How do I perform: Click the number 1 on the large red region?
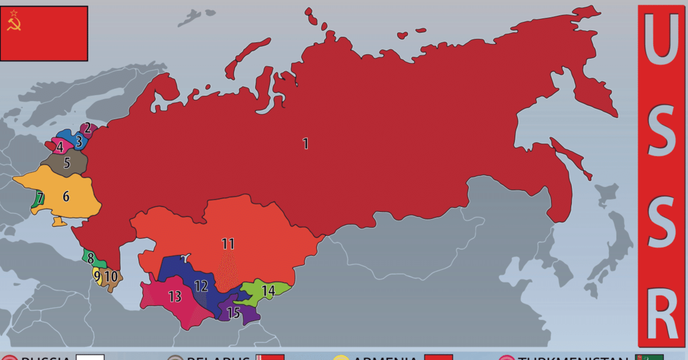(x=305, y=144)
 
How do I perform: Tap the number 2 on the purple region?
(x=87, y=128)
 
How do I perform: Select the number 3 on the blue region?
(x=78, y=141)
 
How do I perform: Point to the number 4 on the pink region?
(x=60, y=147)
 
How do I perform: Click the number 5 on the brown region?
(x=66, y=162)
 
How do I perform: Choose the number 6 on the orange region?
(x=65, y=196)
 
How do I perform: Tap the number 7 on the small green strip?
(x=40, y=198)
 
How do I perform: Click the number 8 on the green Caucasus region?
(x=90, y=259)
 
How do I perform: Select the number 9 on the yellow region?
(x=97, y=276)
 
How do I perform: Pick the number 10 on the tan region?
(x=110, y=276)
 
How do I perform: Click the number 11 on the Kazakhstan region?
(x=228, y=244)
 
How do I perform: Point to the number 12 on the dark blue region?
(x=201, y=286)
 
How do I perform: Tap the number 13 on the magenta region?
(x=174, y=297)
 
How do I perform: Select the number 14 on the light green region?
(x=268, y=290)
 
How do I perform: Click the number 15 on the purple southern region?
(x=233, y=313)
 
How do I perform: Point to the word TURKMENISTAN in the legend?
(x=572, y=358)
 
